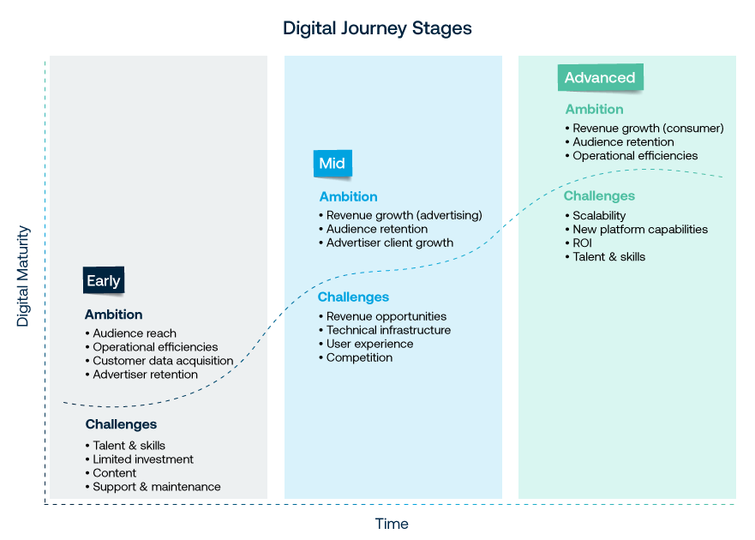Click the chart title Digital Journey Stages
[x=377, y=28]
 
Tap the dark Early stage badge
[x=104, y=280]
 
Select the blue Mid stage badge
[x=333, y=164]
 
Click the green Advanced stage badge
[x=600, y=77]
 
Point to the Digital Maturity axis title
[x=22, y=276]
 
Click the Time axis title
[x=392, y=524]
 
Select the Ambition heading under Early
[x=114, y=315]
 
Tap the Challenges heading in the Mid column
[x=353, y=297]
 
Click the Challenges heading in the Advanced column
[x=600, y=196]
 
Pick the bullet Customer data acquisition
[x=159, y=361]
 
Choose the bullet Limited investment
[x=140, y=459]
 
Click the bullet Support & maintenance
[x=153, y=487]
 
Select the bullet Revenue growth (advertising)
[x=400, y=215]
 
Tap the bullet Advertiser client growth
[x=386, y=243]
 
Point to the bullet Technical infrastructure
[x=385, y=330]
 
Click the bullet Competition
[x=356, y=357]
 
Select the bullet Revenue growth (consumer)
[x=644, y=128]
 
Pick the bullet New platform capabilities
[x=637, y=230]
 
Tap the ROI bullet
[x=578, y=243]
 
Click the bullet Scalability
[x=596, y=216]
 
